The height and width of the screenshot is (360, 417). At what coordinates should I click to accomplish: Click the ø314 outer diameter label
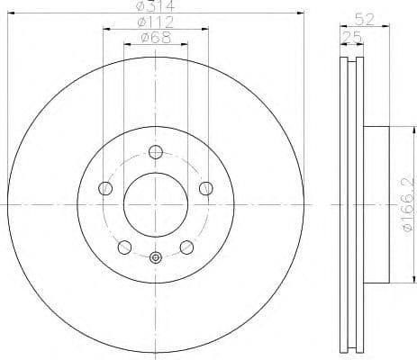tap(155, 7)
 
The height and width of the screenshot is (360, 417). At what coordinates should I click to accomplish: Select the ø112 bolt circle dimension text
tap(155, 22)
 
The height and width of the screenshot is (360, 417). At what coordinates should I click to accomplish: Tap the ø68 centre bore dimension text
tap(155, 39)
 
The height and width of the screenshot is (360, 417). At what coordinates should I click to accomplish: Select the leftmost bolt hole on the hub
tap(105, 188)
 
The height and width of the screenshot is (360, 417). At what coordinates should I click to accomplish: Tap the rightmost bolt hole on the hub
tap(205, 188)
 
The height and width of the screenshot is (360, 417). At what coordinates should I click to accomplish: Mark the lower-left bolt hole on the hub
tap(124, 247)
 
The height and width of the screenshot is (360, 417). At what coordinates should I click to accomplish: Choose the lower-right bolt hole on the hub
tap(186, 247)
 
